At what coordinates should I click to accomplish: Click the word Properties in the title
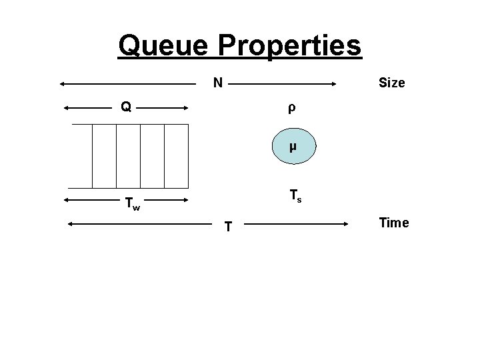288,45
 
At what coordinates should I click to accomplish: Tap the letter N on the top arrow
218,83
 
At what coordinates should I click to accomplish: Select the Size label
391,83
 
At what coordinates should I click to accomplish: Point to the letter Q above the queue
125,106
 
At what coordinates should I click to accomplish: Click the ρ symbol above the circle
291,107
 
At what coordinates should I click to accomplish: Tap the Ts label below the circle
295,197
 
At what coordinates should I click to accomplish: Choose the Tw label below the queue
133,205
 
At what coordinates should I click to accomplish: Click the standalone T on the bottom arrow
228,227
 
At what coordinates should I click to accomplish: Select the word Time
394,223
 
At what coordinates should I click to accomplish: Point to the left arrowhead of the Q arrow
67,107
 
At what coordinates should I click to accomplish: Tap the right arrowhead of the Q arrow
185,107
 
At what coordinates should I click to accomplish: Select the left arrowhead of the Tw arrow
67,199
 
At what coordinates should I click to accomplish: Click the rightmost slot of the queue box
177,155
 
